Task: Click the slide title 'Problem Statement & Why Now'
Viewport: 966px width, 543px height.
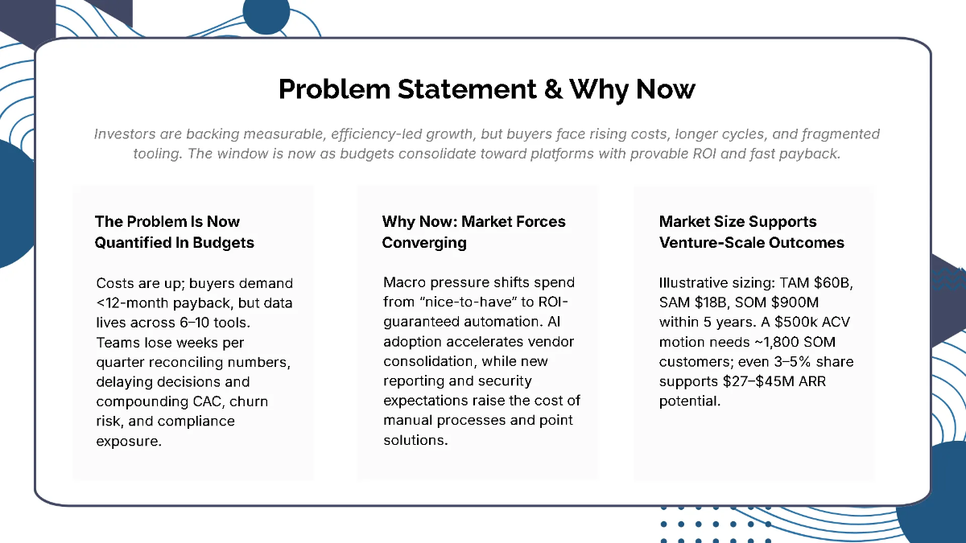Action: [486, 88]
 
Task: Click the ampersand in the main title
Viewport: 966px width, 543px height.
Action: [553, 88]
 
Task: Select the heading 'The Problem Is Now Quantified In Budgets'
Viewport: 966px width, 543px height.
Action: [174, 232]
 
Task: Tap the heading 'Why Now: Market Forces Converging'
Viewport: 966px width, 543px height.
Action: [473, 232]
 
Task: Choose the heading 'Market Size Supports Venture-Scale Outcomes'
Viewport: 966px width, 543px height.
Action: [751, 232]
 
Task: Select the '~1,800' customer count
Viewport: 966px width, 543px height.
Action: [751, 342]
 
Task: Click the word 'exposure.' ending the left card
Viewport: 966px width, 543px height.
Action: [129, 441]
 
